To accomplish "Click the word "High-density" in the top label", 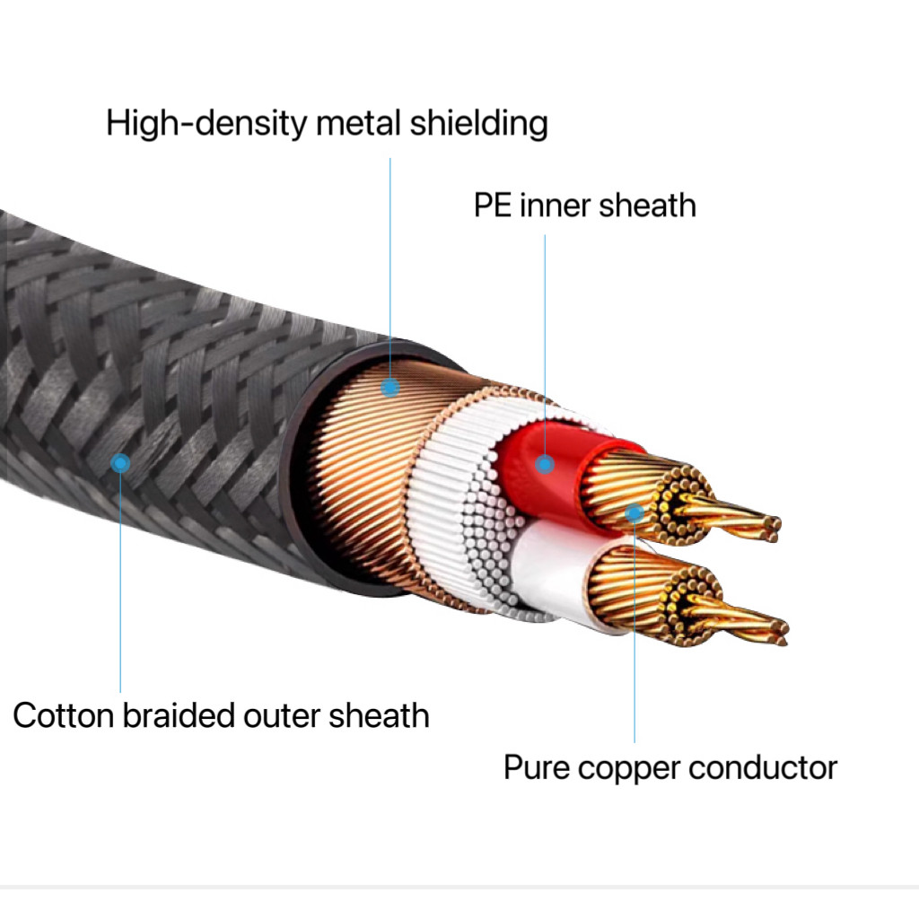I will tap(206, 124).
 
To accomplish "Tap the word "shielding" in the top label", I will tap(478, 124).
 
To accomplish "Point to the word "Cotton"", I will tap(63, 716).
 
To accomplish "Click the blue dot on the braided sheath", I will tap(120, 463).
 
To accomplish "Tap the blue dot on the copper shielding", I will tap(389, 388).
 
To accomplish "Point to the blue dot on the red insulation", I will tap(544, 464).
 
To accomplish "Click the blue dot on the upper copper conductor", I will tap(635, 512).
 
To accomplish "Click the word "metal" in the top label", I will tap(359, 124).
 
